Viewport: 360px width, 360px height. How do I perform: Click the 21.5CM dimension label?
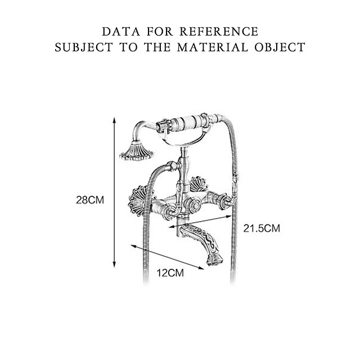pos(262,228)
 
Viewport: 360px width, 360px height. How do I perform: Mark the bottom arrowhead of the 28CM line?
pos(115,265)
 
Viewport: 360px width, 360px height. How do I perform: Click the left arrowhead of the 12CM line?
pos(132,246)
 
